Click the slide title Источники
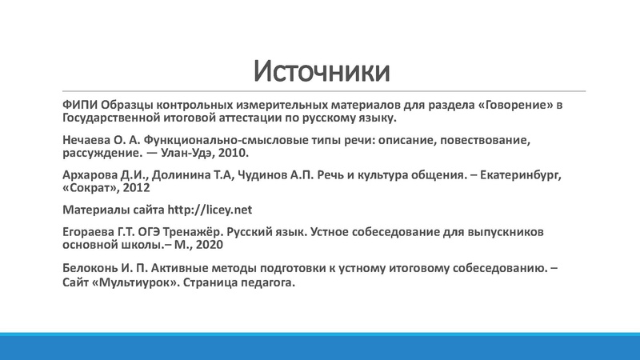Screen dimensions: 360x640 coord(322,71)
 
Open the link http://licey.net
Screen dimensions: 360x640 coord(210,210)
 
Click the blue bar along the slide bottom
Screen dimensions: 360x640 coord(320,346)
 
